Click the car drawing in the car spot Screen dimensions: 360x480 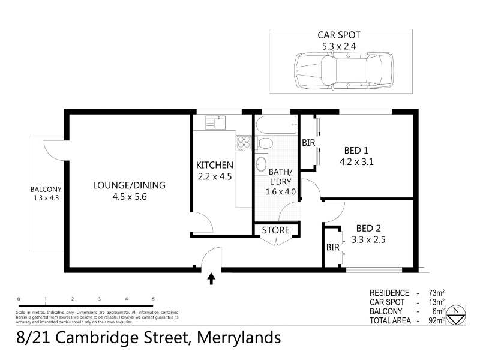(x=341, y=70)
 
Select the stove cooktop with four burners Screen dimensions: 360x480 (x=244, y=143)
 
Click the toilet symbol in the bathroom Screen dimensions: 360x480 (x=265, y=143)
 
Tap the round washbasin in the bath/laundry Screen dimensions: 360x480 (x=261, y=164)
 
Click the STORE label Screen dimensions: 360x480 (x=275, y=230)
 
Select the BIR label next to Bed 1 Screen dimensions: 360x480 (x=308, y=143)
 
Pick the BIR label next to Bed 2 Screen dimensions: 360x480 (x=332, y=247)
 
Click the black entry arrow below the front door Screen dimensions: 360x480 (x=211, y=278)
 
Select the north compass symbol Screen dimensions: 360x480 (x=457, y=313)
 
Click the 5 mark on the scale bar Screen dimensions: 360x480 (x=153, y=298)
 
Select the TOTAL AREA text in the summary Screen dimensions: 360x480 (x=391, y=321)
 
